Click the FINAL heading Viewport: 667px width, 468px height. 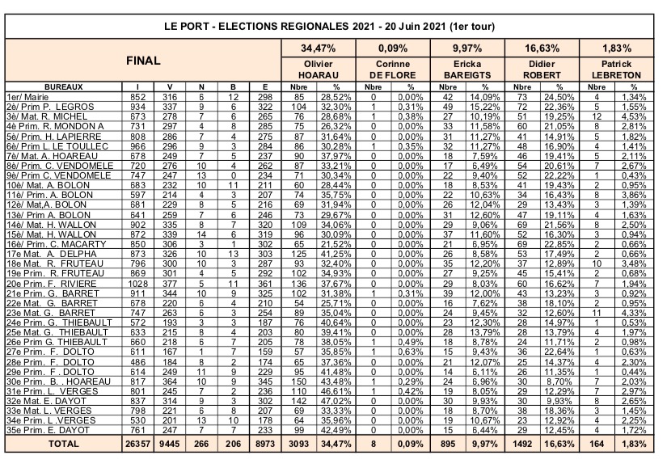[141, 61]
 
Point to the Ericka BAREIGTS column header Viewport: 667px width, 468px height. [466, 68]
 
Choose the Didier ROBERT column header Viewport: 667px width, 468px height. [542, 68]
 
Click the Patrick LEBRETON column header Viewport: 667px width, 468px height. [618, 68]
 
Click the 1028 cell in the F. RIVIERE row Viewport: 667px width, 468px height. [141, 285]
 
